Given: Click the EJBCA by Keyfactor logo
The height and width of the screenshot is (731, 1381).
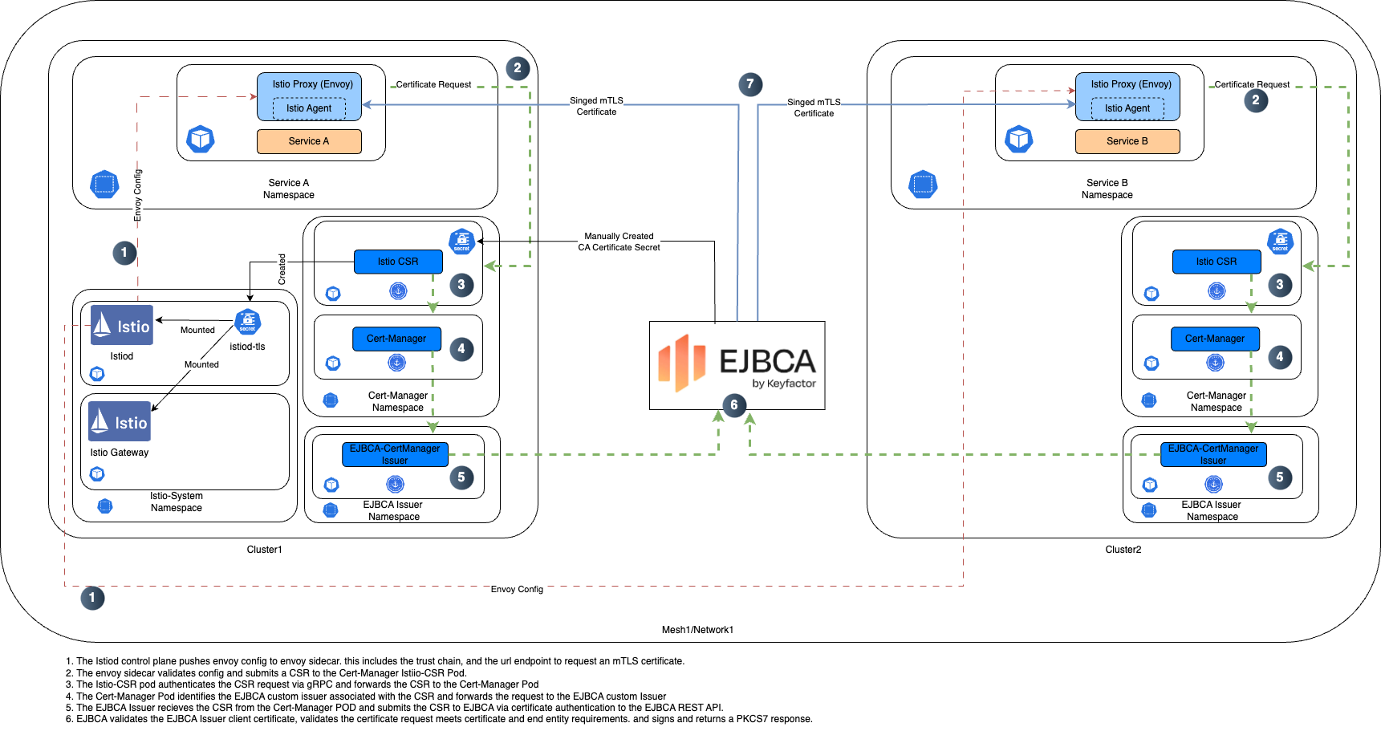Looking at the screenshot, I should point(737,365).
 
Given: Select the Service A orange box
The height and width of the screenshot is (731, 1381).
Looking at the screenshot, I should point(309,141).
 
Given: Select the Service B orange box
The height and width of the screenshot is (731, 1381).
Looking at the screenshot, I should point(1127,141).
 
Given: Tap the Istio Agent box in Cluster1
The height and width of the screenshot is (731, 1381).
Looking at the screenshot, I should point(309,108).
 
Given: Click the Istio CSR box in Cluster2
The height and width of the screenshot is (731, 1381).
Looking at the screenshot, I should point(1216,262).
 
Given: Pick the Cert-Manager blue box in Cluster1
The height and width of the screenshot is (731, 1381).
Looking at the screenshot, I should point(396,339).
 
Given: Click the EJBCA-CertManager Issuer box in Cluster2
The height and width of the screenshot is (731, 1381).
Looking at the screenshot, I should point(1212,454).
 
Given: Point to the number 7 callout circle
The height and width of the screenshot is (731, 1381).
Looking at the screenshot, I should point(749,84).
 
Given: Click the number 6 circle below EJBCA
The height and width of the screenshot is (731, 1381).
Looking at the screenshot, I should point(733,405).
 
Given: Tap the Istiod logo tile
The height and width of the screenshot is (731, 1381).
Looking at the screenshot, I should point(122,325).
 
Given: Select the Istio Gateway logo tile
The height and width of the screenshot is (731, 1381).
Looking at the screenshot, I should point(120,421).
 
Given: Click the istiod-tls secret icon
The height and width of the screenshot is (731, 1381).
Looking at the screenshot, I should point(247,322).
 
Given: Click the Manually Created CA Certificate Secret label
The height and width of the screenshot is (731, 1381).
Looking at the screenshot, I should point(619,242).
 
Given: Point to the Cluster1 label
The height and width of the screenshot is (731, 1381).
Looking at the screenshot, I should point(264,550).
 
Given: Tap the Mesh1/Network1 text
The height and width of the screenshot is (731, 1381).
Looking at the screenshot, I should point(697,630).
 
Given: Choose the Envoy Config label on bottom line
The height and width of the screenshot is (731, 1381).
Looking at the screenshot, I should point(517,589).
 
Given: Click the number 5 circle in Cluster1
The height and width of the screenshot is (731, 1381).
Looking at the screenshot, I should point(461,477).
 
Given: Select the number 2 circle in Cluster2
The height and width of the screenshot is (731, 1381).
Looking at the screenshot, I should point(1255,100).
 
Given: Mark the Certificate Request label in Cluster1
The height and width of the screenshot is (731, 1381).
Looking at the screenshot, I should point(433,84).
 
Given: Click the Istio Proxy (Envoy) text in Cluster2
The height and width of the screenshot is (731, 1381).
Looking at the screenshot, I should point(1131,84).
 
